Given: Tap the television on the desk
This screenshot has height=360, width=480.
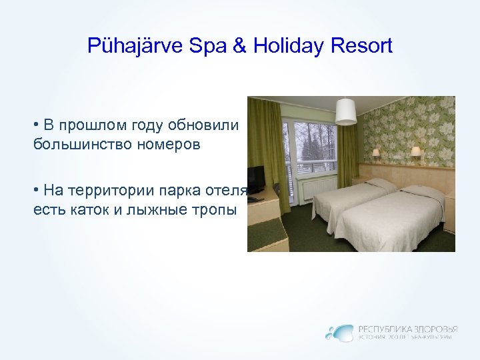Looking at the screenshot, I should (x=255, y=177).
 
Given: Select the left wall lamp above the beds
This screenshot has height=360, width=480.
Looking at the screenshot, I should (x=376, y=153).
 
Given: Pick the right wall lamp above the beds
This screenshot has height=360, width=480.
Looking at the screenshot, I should (x=415, y=151).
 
